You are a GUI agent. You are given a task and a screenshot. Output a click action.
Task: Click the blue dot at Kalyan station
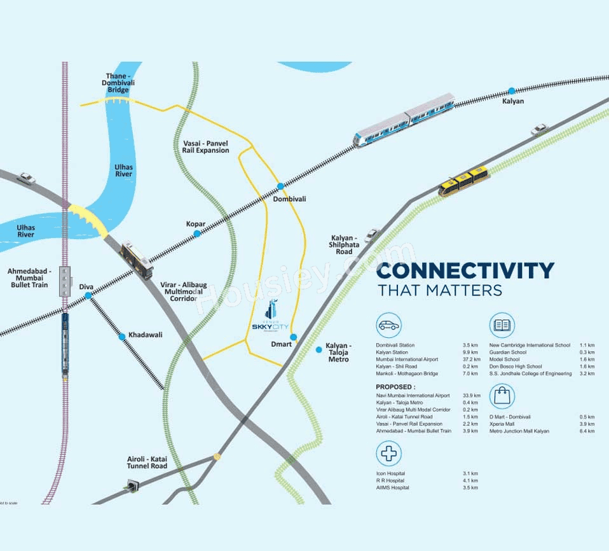pos(512,90)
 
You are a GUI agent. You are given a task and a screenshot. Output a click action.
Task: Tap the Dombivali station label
pos(289,199)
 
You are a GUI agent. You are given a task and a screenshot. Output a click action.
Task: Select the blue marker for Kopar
pos(197,234)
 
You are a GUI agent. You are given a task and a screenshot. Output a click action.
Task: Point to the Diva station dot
pos(88,296)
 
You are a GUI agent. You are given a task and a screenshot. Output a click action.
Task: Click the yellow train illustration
pos(463,181)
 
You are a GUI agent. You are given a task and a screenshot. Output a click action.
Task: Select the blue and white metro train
pos(404,120)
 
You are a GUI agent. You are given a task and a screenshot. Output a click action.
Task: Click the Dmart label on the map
pos(280,344)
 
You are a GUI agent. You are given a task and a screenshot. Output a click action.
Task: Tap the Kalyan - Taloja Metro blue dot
pos(319,349)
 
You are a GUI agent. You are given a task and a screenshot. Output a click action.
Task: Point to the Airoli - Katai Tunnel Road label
pos(146,462)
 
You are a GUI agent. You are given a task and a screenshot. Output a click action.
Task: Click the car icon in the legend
pos(388,325)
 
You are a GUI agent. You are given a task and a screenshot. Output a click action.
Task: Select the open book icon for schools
pos(502,325)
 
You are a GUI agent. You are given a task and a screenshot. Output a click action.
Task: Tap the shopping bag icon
pos(502,397)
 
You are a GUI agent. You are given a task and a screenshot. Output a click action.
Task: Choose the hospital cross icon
pos(388,454)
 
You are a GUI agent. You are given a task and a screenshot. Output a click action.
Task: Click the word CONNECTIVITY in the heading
pos(465,270)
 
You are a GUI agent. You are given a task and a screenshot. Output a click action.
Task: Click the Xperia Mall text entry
pos(502,424)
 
